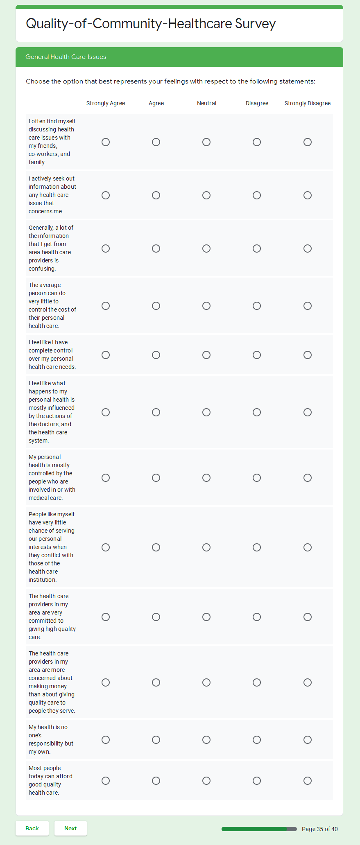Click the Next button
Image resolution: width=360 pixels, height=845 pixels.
70,828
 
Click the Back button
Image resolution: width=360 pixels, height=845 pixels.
32,828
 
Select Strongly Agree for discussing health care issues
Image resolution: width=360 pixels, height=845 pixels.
106,142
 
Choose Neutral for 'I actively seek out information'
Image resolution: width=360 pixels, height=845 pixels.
206,195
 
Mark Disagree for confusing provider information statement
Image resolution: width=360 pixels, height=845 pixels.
257,249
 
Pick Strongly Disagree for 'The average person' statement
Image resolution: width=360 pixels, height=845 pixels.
308,306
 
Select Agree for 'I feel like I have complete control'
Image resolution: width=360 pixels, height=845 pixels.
156,355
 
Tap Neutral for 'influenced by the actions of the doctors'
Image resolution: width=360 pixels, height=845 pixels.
206,412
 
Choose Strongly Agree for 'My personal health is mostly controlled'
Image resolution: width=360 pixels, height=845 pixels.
106,478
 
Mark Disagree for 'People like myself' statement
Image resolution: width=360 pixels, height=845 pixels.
257,547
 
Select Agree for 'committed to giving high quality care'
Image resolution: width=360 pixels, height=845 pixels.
156,617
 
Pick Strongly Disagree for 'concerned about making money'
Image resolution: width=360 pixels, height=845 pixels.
308,682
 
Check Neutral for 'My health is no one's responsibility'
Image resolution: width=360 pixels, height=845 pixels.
206,740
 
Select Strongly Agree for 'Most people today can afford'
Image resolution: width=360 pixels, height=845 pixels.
106,781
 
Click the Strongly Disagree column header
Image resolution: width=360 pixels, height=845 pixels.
308,103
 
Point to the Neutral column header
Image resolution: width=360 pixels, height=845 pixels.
206,103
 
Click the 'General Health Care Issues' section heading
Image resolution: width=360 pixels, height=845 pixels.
66,57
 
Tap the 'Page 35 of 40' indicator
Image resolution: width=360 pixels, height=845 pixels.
319,829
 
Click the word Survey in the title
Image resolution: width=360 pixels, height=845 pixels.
255,24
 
